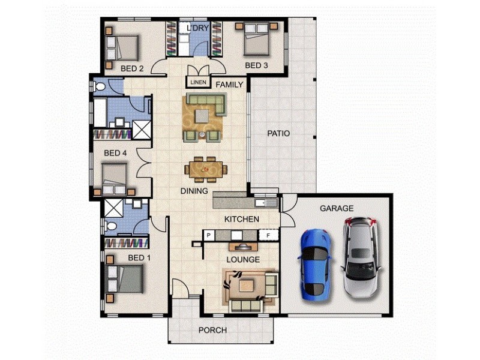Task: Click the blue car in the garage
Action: (314, 264)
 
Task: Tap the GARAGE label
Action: (336, 208)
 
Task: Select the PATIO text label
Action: (278, 133)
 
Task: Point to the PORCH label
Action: (212, 330)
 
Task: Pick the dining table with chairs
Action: (206, 169)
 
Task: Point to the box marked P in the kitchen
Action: (209, 235)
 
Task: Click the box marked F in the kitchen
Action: (268, 235)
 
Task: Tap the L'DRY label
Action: (197, 28)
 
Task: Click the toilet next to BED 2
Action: (100, 88)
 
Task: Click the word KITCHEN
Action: (241, 219)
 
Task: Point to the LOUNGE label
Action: (243, 259)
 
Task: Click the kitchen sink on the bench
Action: (266, 202)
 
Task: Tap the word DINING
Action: (193, 191)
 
